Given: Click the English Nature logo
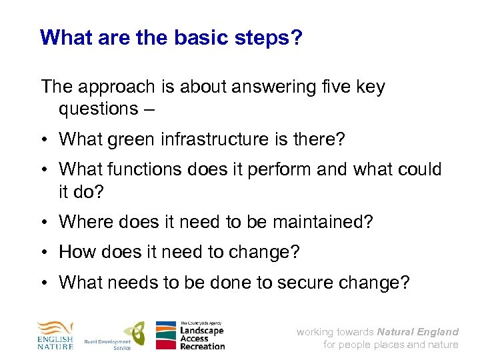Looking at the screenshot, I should (55, 335).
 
